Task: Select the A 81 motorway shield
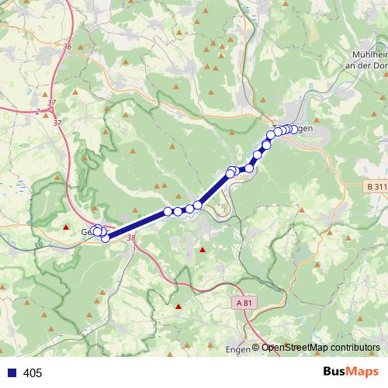pyautogui.click(x=244, y=302)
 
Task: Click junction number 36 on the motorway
pyautogui.click(x=68, y=47)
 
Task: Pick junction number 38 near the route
pyautogui.click(x=130, y=239)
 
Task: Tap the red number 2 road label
pyautogui.click(x=37, y=112)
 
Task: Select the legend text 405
pyautogui.click(x=33, y=373)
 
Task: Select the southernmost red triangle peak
pyautogui.click(x=178, y=307)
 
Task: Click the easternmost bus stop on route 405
pyautogui.click(x=293, y=129)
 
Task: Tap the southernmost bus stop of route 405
pyautogui.click(x=106, y=238)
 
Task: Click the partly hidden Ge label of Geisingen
pyautogui.click(x=85, y=231)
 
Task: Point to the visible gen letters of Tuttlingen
pyautogui.click(x=304, y=129)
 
